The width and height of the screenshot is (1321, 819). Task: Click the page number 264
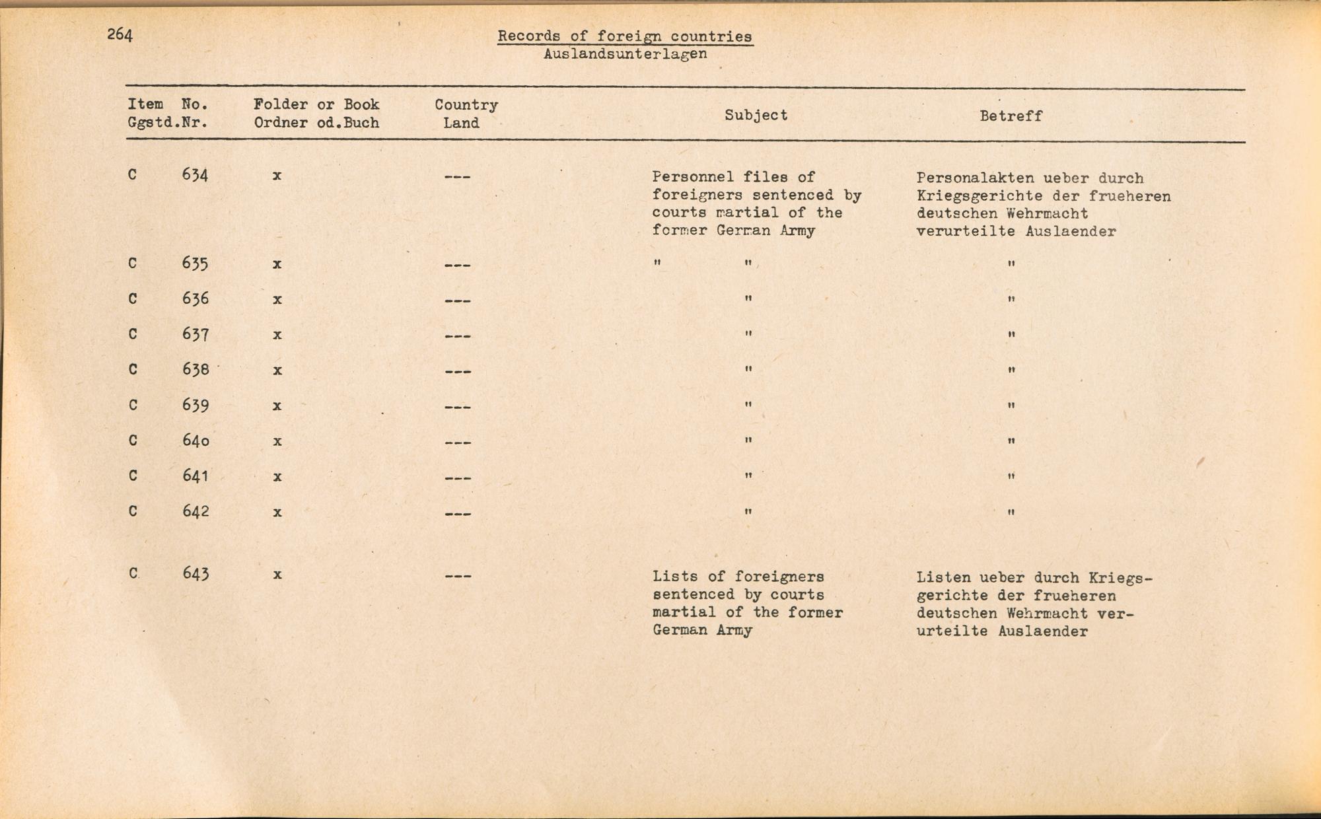click(x=120, y=35)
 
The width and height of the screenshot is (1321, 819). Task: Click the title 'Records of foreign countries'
click(x=625, y=36)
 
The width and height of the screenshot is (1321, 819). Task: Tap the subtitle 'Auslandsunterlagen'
click(x=625, y=54)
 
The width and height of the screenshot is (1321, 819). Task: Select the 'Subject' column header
click(x=756, y=115)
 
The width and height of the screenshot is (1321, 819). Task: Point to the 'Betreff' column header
click(x=1011, y=116)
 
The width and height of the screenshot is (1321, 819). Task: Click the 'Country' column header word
click(x=466, y=105)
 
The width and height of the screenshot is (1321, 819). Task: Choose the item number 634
click(x=196, y=175)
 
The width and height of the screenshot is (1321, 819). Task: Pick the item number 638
click(x=196, y=369)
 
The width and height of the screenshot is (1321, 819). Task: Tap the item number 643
click(x=196, y=573)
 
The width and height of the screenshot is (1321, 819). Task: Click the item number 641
click(x=196, y=476)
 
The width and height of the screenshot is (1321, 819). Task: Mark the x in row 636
click(x=277, y=299)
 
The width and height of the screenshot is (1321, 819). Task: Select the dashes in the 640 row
click(x=458, y=442)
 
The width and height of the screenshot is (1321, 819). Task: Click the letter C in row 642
click(x=133, y=511)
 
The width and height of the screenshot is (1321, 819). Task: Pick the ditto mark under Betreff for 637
click(x=1011, y=335)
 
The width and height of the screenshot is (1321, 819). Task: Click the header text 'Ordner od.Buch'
click(x=316, y=123)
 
